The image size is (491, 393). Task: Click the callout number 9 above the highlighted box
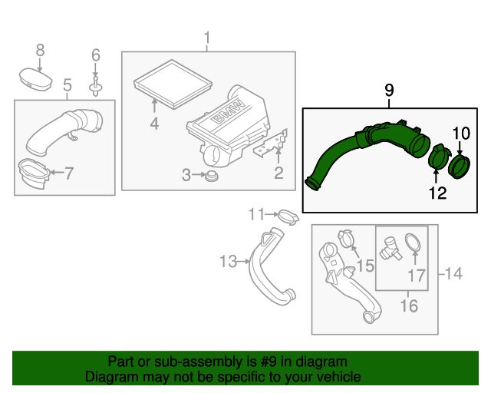click(389, 91)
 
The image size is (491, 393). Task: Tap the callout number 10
click(460, 134)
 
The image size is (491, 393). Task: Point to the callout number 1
click(206, 37)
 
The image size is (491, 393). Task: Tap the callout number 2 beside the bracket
click(278, 173)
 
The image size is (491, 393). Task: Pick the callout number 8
click(41, 50)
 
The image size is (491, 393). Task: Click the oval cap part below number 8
click(33, 78)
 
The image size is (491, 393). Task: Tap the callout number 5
click(67, 84)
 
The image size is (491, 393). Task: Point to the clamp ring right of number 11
click(286, 216)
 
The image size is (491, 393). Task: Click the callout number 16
click(409, 306)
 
